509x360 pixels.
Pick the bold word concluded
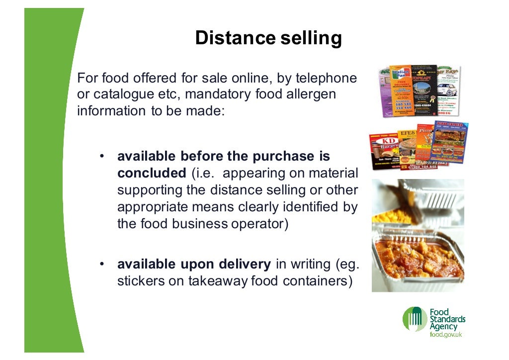coord(151,173)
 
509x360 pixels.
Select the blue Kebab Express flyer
coord(451,142)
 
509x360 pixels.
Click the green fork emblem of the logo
coord(414,318)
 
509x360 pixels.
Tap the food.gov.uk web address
coord(446,335)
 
